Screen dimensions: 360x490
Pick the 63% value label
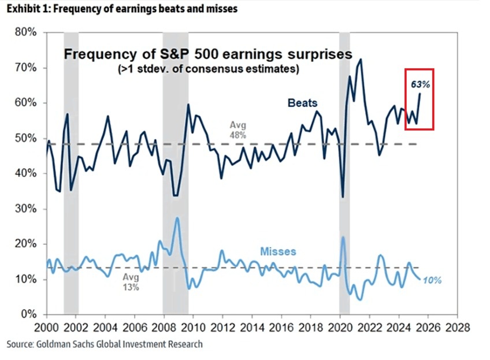(x=420, y=84)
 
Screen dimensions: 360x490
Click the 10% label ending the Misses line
(x=433, y=280)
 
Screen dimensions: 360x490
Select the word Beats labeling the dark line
(x=303, y=103)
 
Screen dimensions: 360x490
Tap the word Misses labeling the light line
(x=278, y=252)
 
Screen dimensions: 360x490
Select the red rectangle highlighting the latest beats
(x=420, y=99)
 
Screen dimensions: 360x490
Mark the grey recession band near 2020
(x=344, y=173)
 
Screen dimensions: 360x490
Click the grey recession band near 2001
(x=71, y=173)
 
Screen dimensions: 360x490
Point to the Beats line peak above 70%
(x=361, y=60)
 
